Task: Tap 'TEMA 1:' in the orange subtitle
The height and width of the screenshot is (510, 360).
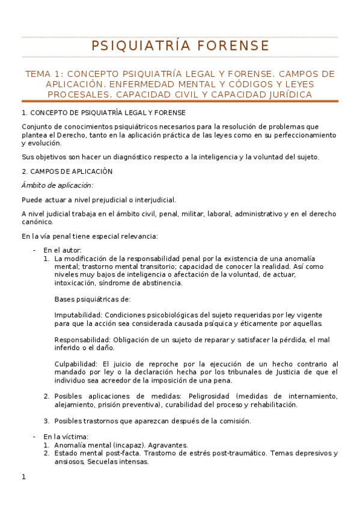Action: tap(44, 74)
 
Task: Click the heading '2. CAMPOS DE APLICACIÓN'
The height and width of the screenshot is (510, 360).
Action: tap(67, 171)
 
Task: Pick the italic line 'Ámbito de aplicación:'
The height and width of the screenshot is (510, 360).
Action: tap(57, 185)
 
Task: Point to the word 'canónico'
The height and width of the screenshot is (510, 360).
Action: tap(37, 221)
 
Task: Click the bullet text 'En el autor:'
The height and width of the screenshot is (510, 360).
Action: tap(63, 250)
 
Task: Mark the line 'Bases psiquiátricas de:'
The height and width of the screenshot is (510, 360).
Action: tap(92, 299)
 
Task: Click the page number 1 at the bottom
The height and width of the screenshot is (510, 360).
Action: tap(23, 478)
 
